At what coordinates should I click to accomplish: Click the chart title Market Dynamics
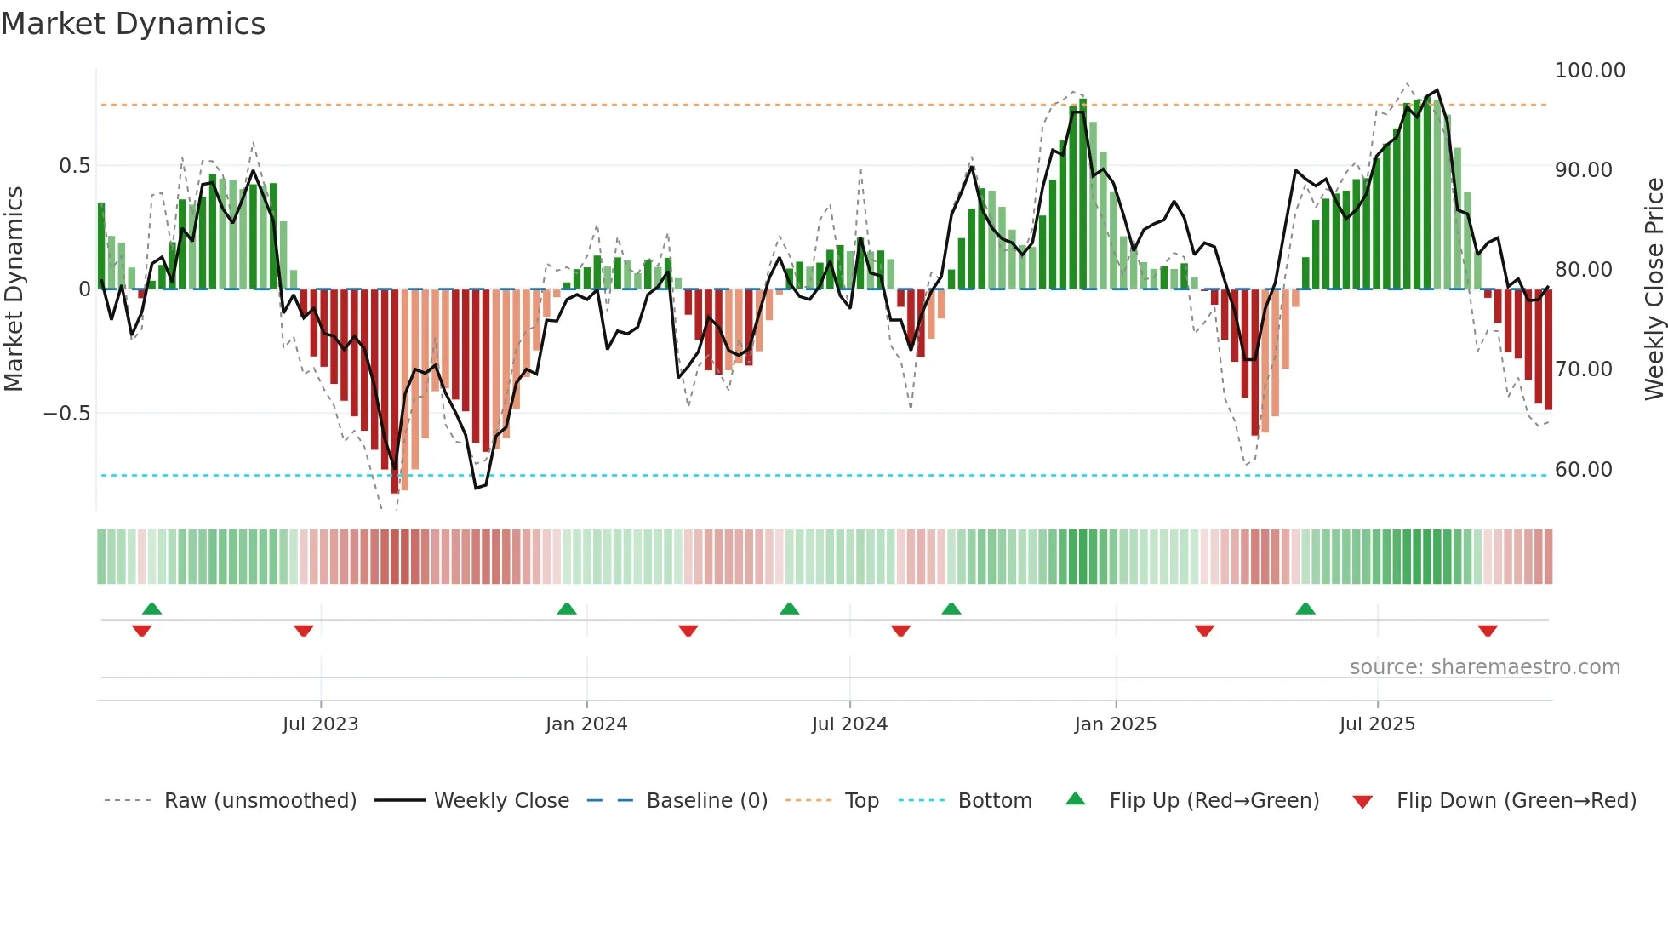coord(133,24)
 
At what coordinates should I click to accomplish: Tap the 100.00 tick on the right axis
coord(1589,71)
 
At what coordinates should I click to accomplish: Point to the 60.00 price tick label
coord(1583,470)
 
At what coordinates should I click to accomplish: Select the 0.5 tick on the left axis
coord(74,166)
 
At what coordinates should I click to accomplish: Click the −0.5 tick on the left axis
coord(67,414)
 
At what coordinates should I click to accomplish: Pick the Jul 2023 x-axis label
coord(320,724)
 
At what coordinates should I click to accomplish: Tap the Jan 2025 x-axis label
coord(1115,724)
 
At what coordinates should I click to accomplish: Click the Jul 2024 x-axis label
coord(849,724)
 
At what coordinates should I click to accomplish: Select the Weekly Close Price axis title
coord(1654,289)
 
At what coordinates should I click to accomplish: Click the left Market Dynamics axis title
coord(14,289)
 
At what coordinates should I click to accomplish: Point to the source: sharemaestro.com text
coord(1484,667)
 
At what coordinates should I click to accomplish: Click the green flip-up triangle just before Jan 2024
coord(567,609)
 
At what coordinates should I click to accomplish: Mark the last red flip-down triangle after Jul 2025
coord(1488,631)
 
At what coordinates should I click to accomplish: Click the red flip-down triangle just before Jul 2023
coord(304,631)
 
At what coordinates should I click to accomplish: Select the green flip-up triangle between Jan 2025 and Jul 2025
coord(1305,609)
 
